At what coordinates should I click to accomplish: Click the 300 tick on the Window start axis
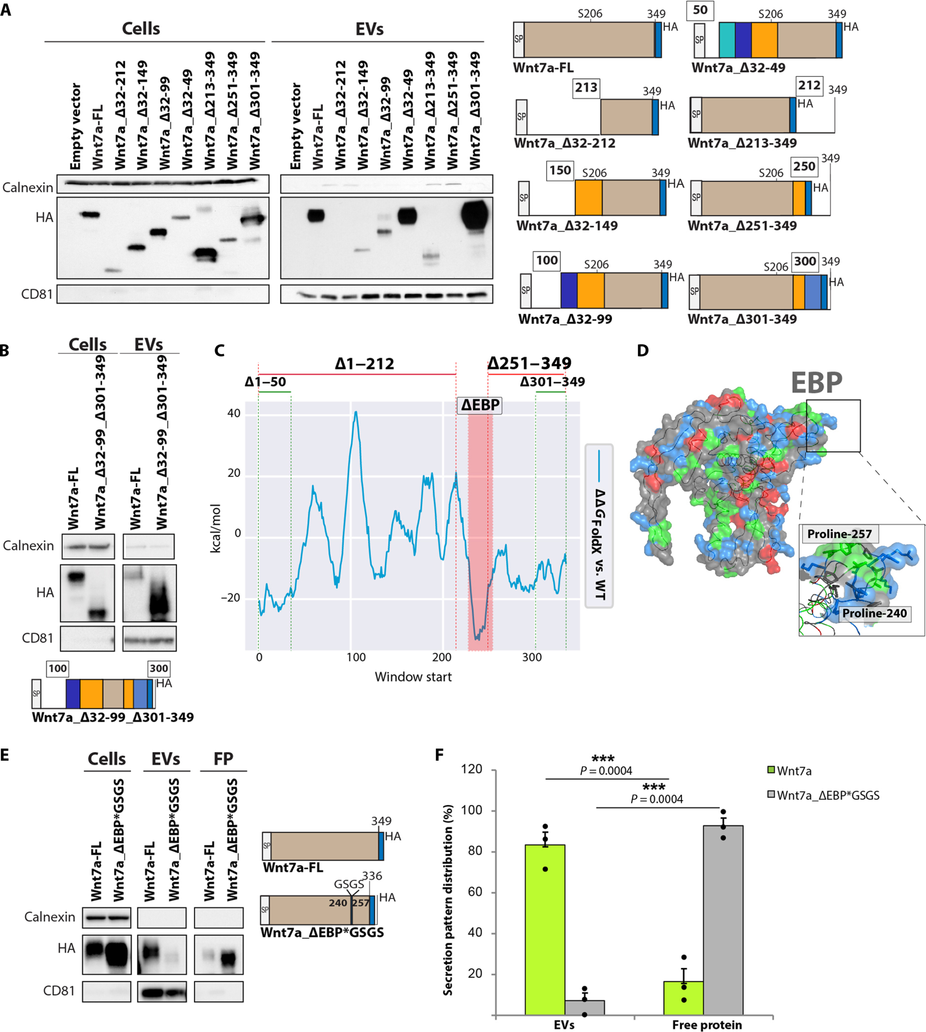532,657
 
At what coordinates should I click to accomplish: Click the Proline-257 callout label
839,534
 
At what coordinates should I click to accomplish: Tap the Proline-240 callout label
874,613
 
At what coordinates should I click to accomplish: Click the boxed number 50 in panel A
700,10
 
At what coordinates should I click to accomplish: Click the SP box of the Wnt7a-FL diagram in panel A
518,39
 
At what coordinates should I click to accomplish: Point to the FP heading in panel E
223,759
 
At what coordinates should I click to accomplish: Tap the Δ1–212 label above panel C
364,364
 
